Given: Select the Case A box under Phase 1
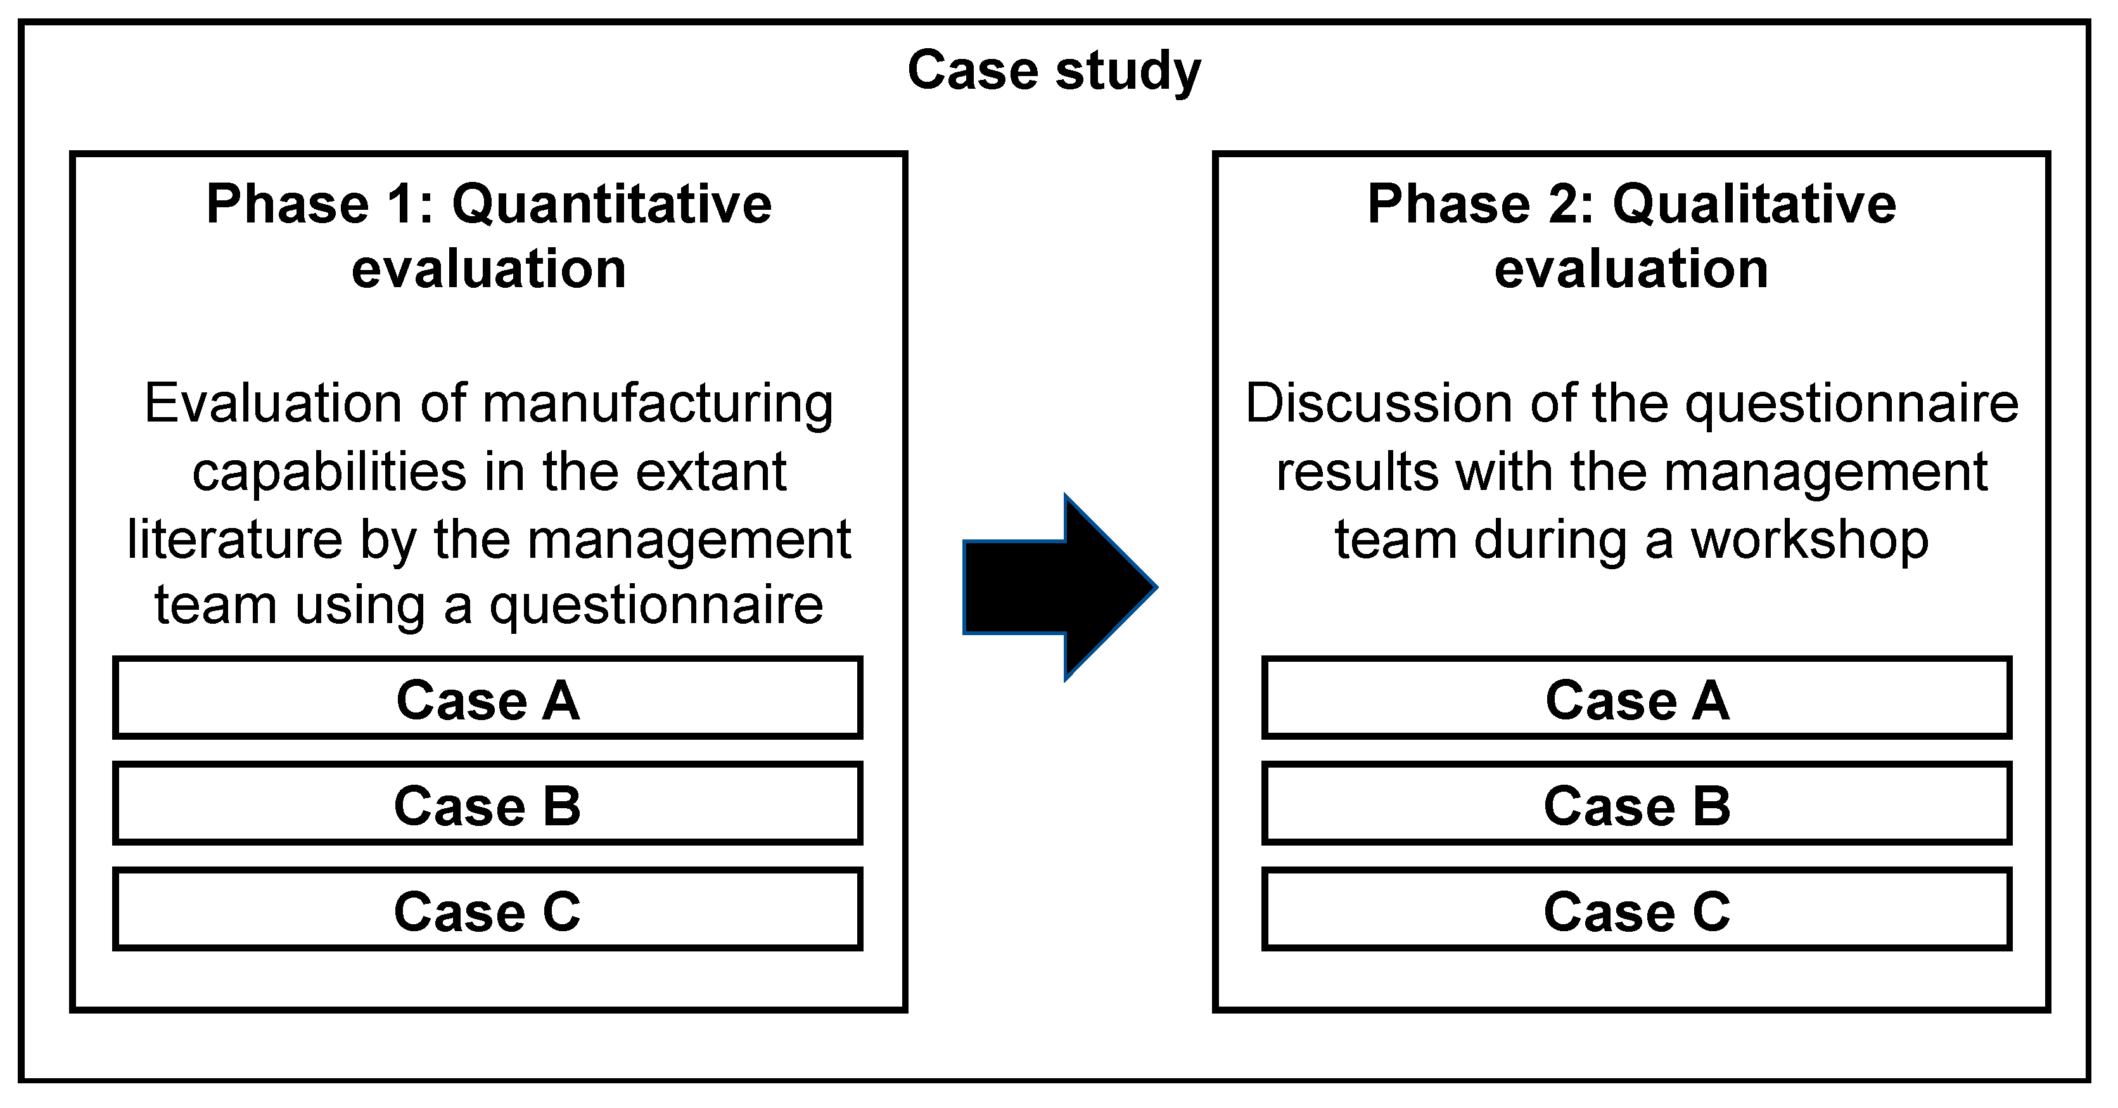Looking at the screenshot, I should pos(488,697).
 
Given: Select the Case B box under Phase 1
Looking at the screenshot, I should pos(488,804).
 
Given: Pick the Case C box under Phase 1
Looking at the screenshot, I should pos(488,910).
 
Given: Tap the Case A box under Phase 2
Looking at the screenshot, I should pos(1636,697).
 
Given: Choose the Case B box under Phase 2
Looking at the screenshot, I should pos(1636,804).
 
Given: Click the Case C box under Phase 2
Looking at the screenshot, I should pos(1636,910).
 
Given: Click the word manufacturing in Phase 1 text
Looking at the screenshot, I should pos(657,404).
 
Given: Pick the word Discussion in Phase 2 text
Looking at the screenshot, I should pos(1379,403).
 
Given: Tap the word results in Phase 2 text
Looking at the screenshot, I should pos(1356,472).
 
